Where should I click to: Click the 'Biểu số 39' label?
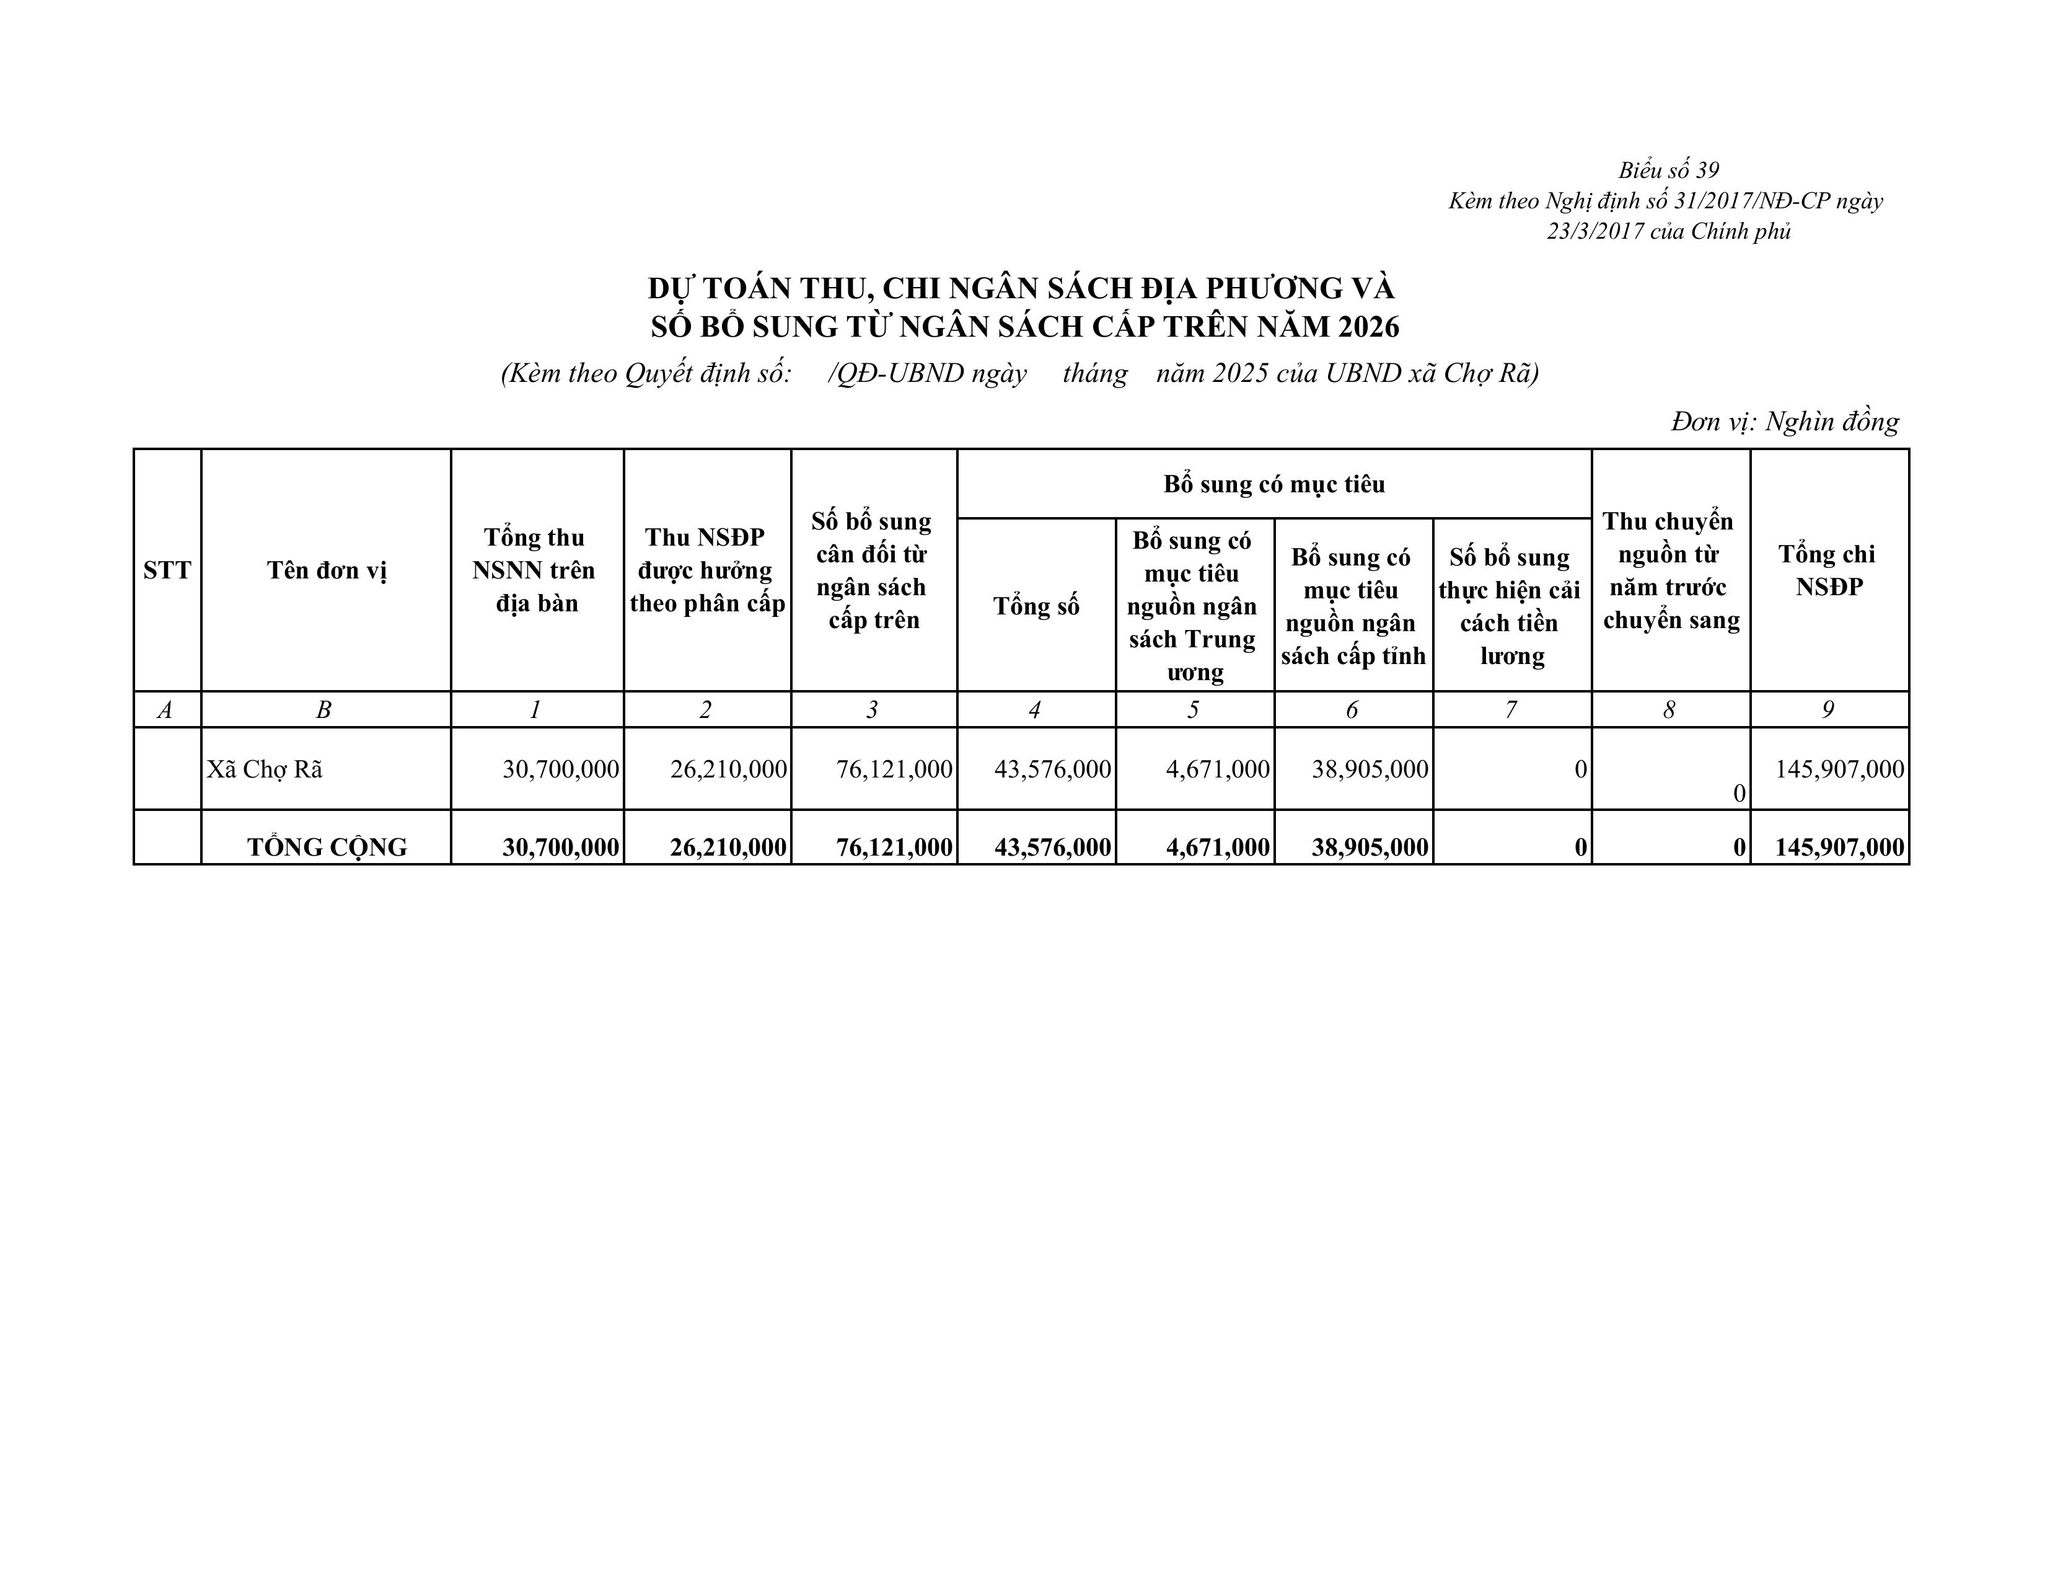(1669, 170)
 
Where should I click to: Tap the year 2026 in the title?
(1368, 326)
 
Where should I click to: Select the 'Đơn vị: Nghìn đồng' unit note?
(1785, 422)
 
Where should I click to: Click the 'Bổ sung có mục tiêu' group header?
(1273, 484)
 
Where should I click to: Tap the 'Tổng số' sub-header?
(1036, 606)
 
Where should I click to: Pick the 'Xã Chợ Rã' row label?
(265, 769)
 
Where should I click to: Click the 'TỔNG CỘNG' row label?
(327, 847)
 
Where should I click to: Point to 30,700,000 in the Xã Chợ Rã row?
(560, 769)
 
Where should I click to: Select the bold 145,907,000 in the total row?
(1839, 847)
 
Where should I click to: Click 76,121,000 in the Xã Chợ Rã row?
(893, 769)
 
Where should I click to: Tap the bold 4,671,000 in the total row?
(1217, 847)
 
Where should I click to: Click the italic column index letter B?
(324, 710)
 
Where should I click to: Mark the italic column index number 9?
(1827, 710)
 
